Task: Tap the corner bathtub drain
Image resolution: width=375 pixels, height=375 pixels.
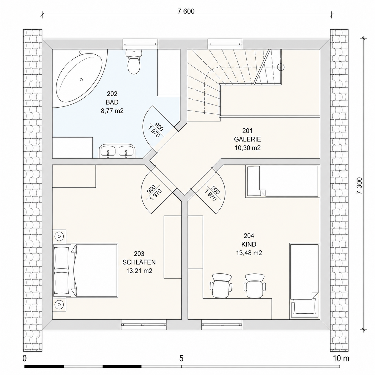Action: coord(81,80)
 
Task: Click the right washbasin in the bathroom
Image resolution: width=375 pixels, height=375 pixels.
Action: coord(126,151)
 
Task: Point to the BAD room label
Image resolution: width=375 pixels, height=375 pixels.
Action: coord(112,102)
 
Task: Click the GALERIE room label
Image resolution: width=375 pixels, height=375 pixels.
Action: coord(247,139)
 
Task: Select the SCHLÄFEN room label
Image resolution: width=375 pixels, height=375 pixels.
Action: coord(139,262)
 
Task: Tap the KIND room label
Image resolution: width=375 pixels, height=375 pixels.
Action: coord(249,244)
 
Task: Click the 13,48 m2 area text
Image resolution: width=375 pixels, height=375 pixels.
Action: coord(249,253)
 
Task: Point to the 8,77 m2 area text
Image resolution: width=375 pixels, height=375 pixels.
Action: coord(112,111)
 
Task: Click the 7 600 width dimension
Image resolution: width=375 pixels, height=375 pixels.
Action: coord(186,11)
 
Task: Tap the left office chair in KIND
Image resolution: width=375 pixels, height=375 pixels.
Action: coord(221,286)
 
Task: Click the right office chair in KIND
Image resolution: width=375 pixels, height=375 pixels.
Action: coord(255,286)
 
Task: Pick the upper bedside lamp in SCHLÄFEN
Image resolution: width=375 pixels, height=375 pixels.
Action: coord(59,236)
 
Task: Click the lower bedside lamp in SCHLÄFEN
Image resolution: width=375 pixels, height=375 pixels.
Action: coord(59,304)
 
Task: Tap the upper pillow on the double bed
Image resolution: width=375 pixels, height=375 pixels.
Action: coord(62,258)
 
